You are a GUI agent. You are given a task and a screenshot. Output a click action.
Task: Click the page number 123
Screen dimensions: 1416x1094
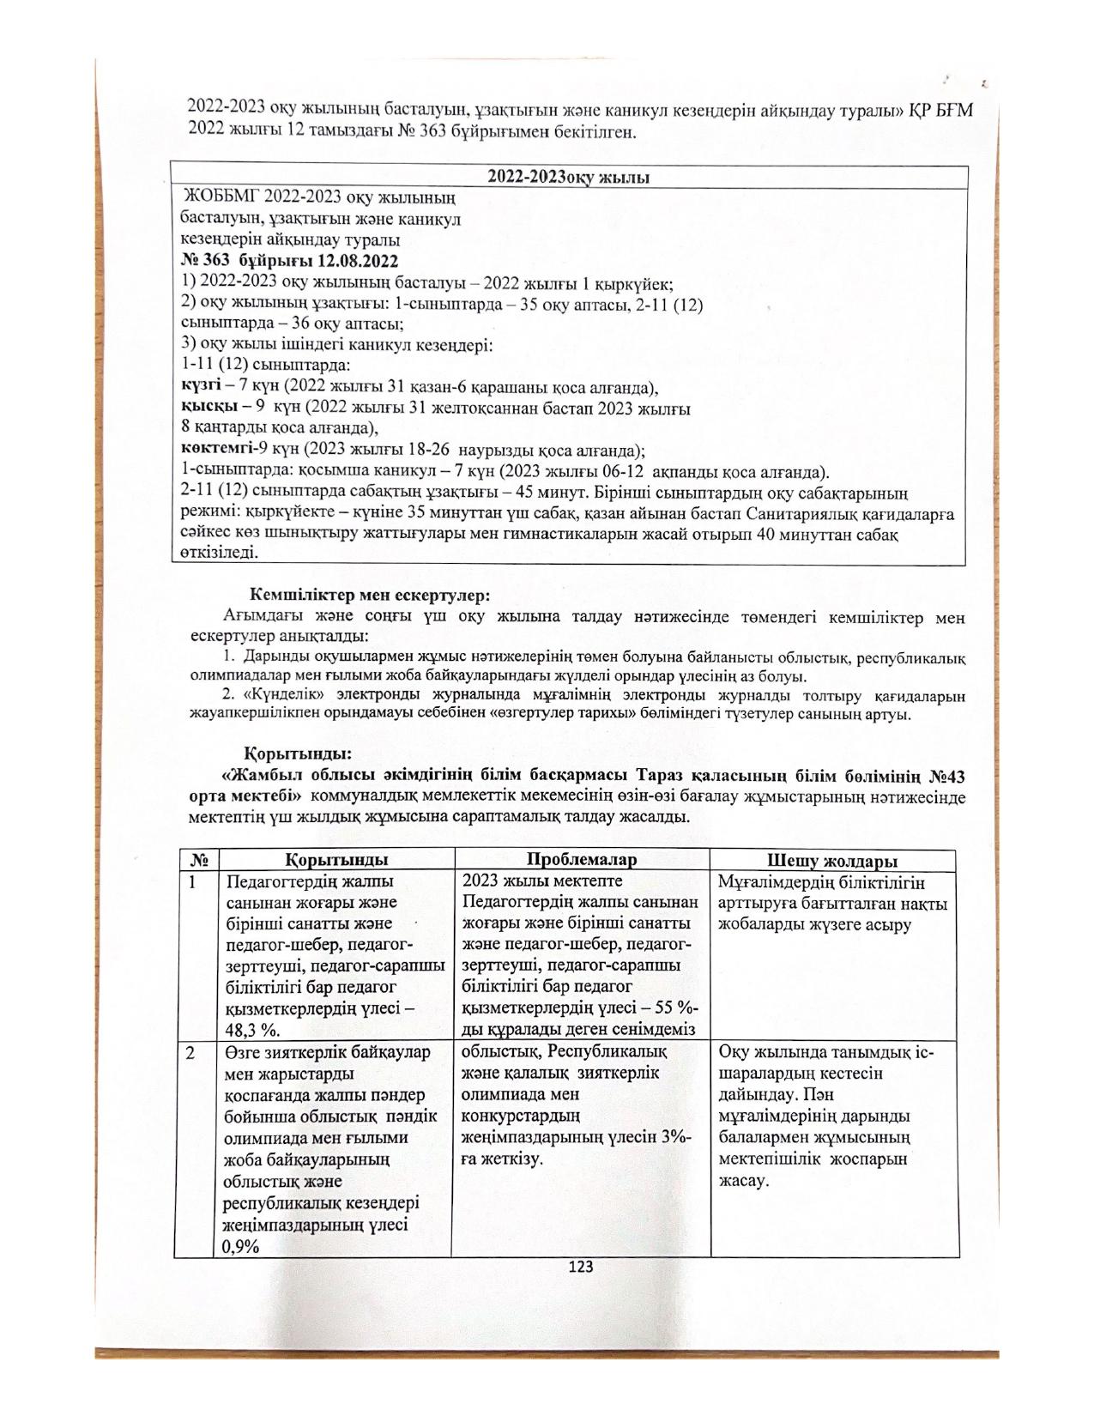tap(581, 1267)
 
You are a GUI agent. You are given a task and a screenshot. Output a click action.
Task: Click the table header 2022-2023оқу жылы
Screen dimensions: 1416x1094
tap(568, 178)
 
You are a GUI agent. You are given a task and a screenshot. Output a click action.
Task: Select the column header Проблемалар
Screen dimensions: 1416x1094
tap(582, 859)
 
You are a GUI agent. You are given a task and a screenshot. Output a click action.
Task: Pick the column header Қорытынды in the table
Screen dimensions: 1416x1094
tap(336, 859)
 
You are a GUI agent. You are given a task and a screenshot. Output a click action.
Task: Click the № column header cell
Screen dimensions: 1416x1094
tap(197, 859)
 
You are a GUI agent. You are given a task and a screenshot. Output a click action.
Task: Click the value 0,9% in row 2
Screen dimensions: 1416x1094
tap(240, 1247)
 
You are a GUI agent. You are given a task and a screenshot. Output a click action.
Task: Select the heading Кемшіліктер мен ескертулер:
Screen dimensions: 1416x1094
tap(370, 594)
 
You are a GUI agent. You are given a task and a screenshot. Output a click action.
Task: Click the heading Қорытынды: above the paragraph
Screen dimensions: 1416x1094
tap(298, 754)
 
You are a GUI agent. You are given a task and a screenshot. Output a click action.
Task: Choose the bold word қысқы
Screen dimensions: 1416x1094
tap(198, 408)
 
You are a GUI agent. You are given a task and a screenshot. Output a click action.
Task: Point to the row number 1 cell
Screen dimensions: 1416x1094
tap(192, 882)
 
